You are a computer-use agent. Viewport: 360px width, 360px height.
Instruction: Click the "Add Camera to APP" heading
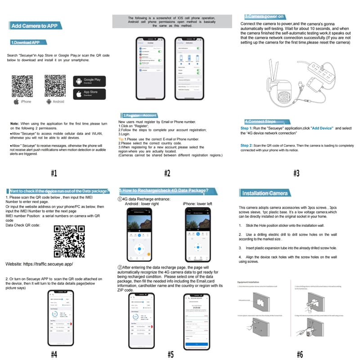34,26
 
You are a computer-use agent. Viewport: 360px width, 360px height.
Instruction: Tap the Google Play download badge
89,81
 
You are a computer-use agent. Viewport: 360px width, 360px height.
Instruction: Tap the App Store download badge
89,94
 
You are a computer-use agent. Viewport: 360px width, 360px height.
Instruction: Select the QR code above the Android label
56,85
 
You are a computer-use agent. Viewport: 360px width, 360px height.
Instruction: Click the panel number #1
54,173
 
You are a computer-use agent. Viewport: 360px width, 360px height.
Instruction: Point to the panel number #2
167,173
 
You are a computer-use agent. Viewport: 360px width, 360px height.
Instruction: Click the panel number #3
297,173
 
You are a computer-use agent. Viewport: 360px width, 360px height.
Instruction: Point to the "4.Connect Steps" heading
260,121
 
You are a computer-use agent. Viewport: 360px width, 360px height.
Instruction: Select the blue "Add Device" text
322,128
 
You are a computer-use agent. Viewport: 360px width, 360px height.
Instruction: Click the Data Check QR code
69,241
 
